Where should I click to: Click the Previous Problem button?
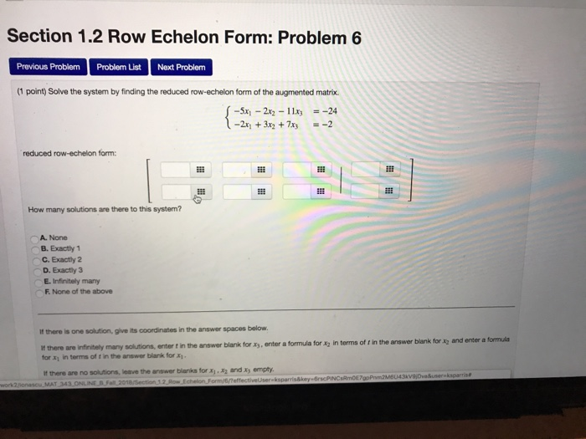click(49, 66)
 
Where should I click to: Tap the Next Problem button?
click(180, 66)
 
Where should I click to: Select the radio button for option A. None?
click(35, 237)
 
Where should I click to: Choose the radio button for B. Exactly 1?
click(35, 248)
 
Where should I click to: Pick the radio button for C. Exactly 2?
click(35, 259)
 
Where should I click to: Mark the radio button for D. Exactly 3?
click(35, 269)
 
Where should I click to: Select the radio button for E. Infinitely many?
click(35, 280)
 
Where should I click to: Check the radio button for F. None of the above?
click(35, 291)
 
